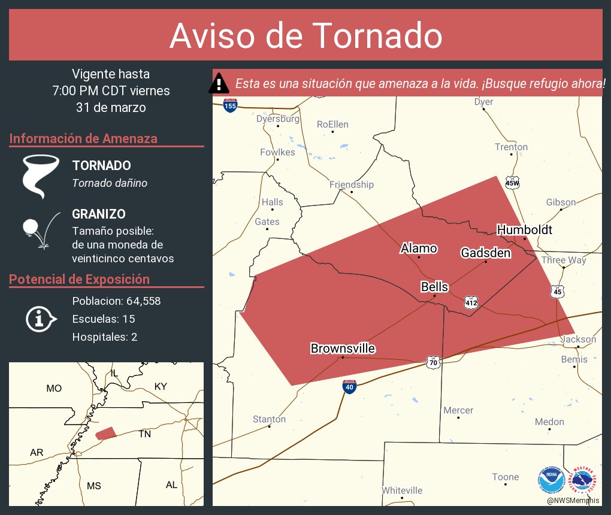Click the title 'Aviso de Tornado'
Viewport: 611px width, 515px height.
[305, 35]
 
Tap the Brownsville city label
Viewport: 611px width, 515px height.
[343, 349]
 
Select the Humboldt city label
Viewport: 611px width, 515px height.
[524, 230]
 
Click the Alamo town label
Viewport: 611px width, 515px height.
[419, 249]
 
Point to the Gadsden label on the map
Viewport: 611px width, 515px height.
[485, 253]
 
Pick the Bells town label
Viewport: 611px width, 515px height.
[434, 287]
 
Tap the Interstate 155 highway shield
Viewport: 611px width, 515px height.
[229, 105]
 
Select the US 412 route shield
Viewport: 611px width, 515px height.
[471, 303]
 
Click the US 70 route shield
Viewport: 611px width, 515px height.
[433, 362]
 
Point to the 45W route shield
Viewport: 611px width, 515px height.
[512, 183]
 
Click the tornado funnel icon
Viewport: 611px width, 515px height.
[40, 175]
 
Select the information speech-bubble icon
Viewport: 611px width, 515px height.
[40, 319]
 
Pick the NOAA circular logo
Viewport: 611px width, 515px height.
[551, 480]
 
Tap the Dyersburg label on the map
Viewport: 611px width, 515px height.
[278, 119]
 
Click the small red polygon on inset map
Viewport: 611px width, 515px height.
[105, 433]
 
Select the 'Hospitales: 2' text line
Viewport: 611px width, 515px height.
[105, 337]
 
